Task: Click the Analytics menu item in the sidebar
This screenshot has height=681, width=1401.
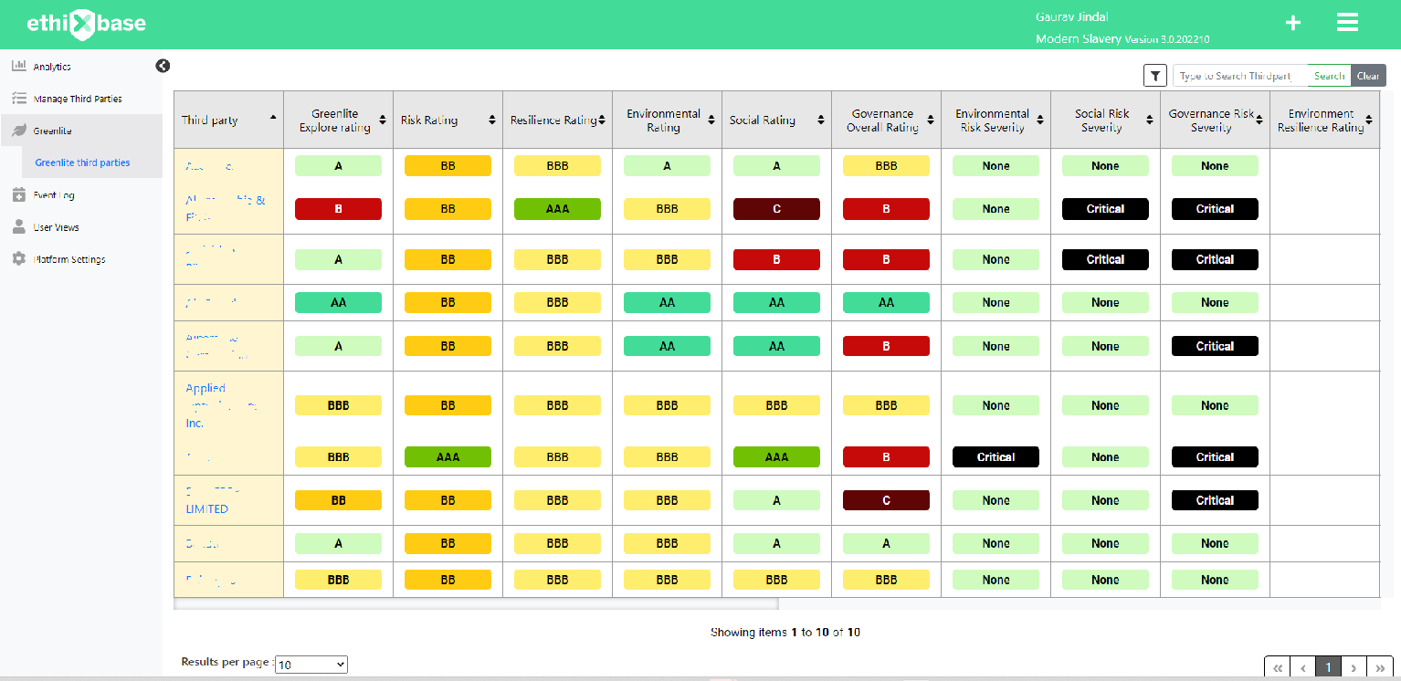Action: (x=51, y=67)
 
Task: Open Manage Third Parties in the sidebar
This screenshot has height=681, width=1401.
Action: (x=77, y=99)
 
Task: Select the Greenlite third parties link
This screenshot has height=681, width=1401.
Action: (x=82, y=162)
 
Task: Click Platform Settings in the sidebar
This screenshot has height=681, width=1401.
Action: (x=68, y=259)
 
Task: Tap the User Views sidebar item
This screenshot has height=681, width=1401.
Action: (x=56, y=227)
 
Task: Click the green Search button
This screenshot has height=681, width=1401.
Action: (x=1329, y=76)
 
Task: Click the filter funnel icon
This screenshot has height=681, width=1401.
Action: (x=1155, y=76)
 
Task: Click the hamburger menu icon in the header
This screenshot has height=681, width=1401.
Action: (x=1347, y=23)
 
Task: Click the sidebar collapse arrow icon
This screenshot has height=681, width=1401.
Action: (x=163, y=66)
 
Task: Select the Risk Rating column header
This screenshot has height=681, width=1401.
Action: (x=429, y=120)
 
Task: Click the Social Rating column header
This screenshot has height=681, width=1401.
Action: (x=763, y=120)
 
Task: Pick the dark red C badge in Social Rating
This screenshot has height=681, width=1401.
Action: (x=776, y=209)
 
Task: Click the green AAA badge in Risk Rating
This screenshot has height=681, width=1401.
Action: (x=448, y=457)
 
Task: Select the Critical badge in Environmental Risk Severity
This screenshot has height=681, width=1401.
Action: (x=995, y=457)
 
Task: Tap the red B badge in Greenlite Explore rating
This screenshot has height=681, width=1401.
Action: (x=338, y=209)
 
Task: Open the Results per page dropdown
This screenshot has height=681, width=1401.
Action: (x=311, y=665)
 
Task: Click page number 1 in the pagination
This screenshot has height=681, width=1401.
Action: (x=1328, y=667)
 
